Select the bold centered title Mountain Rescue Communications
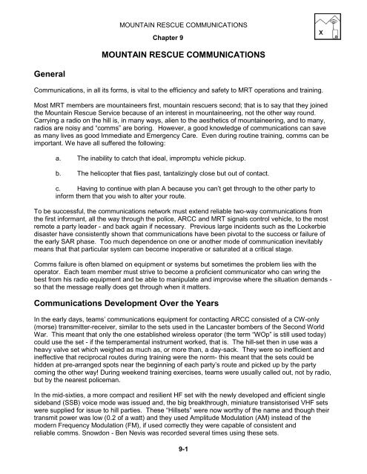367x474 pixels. (x=183, y=55)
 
